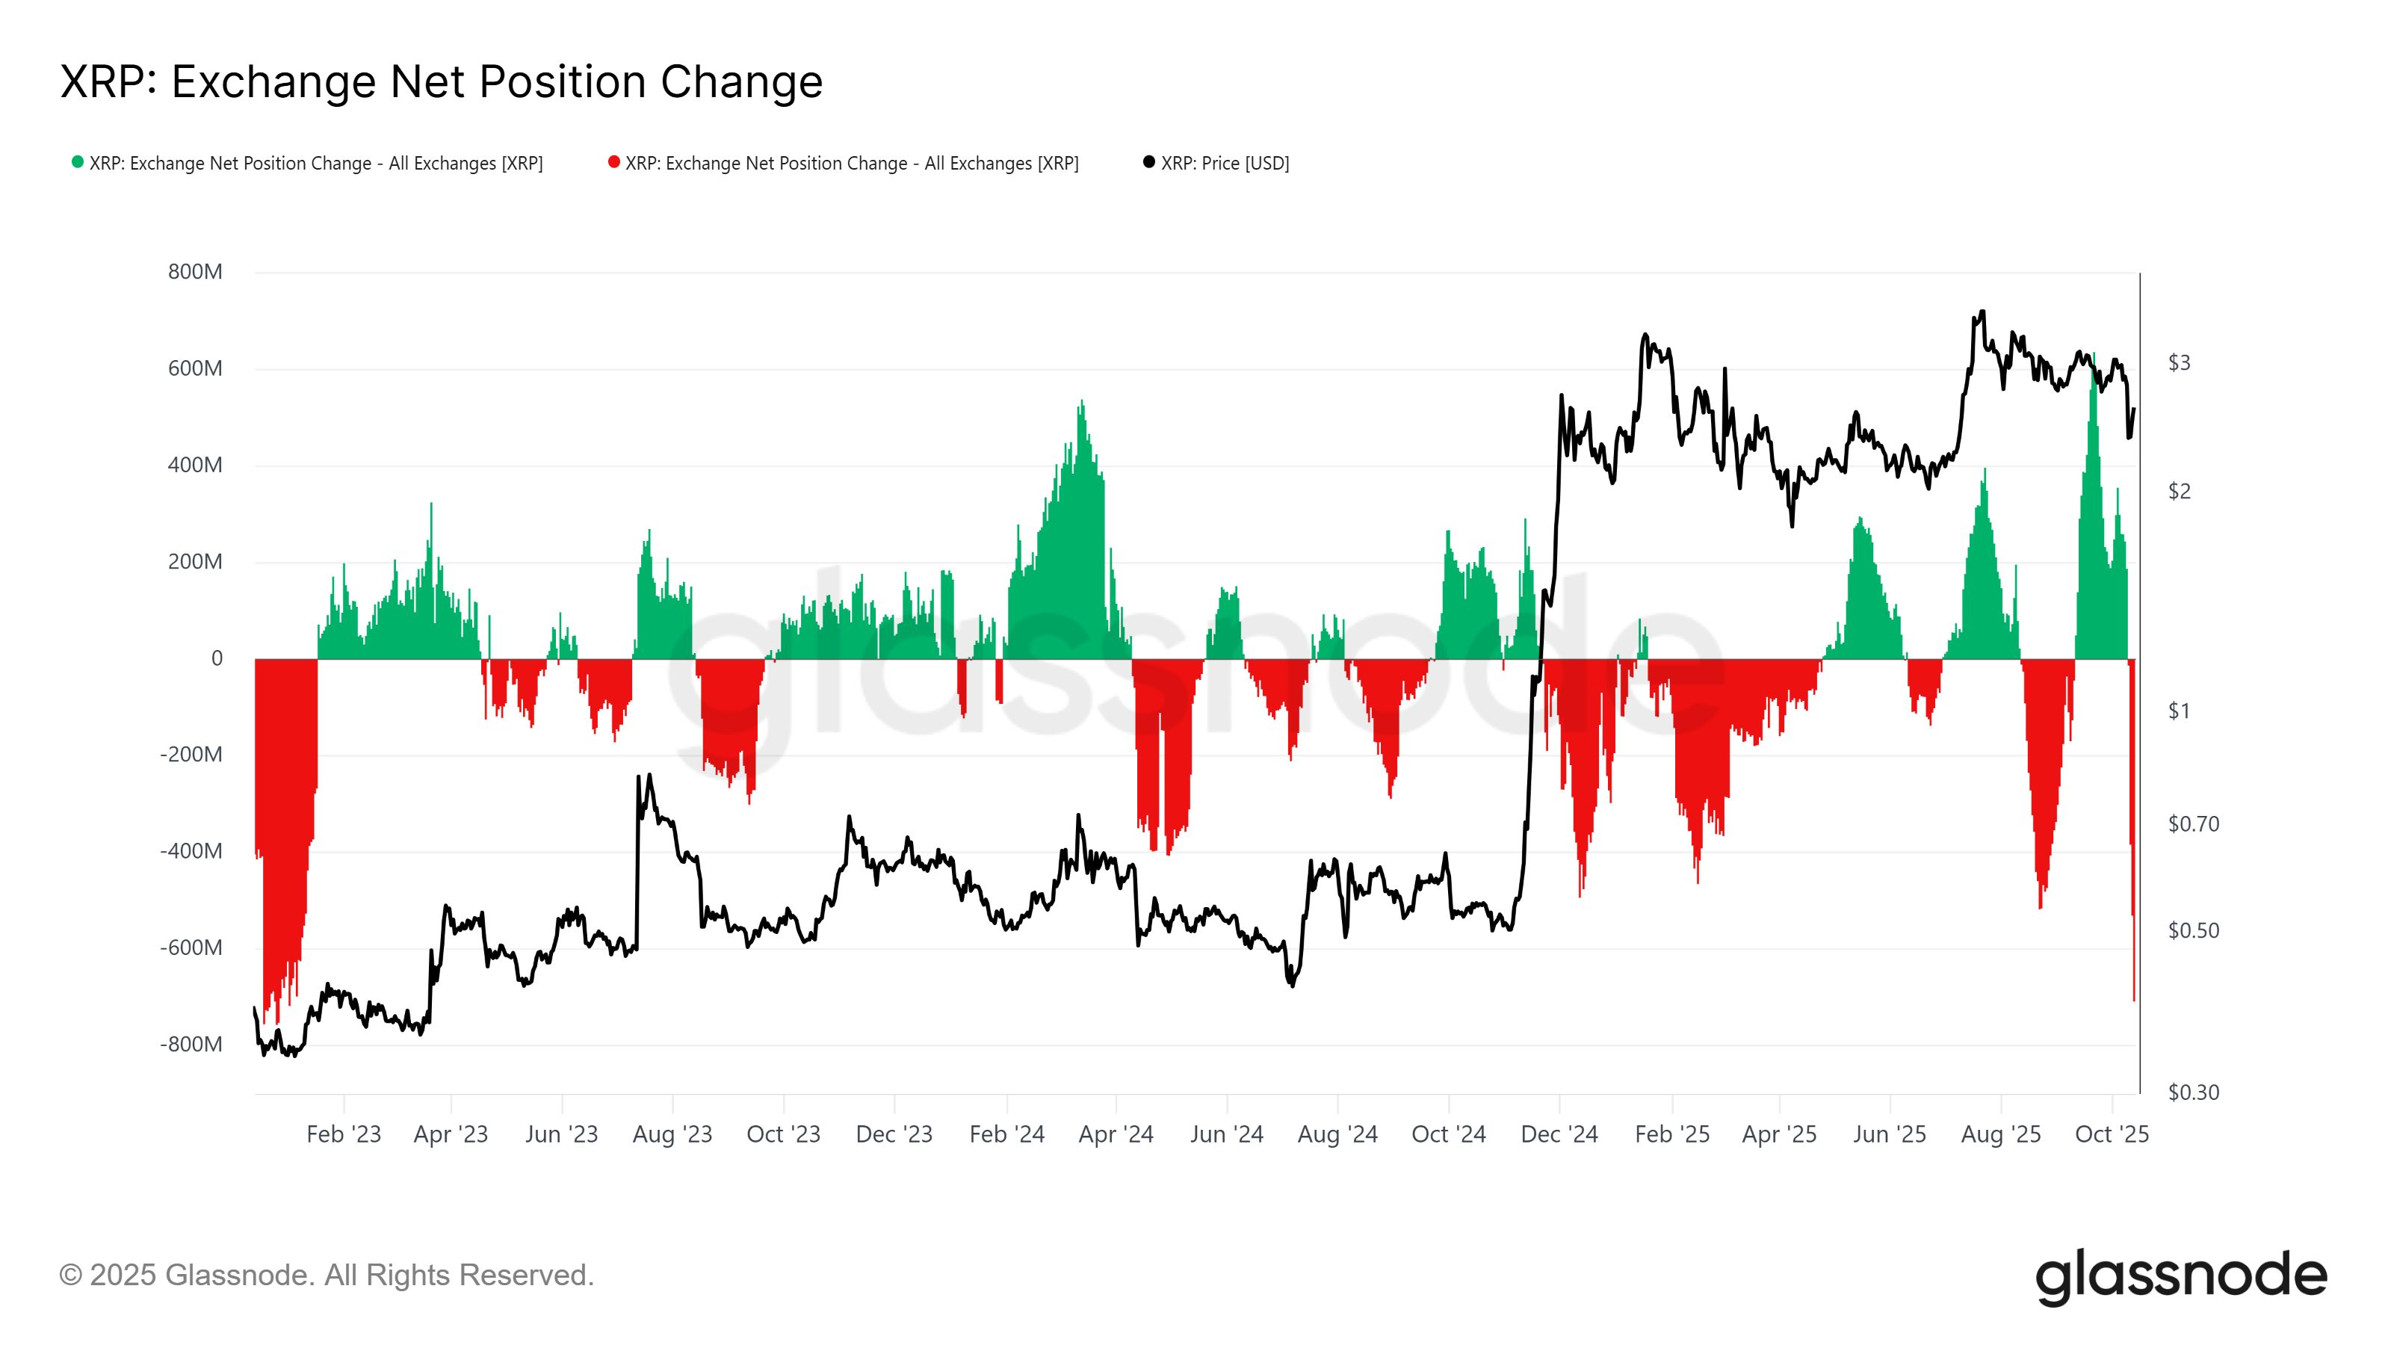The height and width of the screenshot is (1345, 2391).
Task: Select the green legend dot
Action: (x=78, y=162)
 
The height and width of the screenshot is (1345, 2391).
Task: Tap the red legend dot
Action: (x=613, y=162)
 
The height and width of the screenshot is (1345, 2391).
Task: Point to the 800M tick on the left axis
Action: (x=195, y=272)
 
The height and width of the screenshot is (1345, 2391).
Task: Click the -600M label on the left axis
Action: (x=191, y=947)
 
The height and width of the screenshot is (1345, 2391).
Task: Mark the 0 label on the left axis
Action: (x=217, y=658)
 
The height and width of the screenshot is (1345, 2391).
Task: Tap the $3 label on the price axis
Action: (x=2179, y=363)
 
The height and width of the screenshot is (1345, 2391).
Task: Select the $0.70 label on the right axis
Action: (x=2192, y=824)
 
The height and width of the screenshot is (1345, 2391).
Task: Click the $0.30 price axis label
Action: (x=2192, y=1092)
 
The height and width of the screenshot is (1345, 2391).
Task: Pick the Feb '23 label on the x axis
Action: (x=344, y=1134)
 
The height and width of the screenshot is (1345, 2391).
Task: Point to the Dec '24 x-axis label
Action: (x=1559, y=1134)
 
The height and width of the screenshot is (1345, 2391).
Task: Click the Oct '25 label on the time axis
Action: (x=2112, y=1134)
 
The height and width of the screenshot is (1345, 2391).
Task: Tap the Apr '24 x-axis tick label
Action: (x=1116, y=1134)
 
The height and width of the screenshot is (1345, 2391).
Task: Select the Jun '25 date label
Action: (x=1890, y=1134)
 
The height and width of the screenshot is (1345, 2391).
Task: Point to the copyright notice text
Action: (x=326, y=1276)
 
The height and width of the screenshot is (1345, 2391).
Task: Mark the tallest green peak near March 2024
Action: (x=1081, y=402)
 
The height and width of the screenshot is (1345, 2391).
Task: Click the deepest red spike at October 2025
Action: (x=2134, y=998)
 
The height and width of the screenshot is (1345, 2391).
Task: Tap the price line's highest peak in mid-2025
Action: (x=1982, y=312)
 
